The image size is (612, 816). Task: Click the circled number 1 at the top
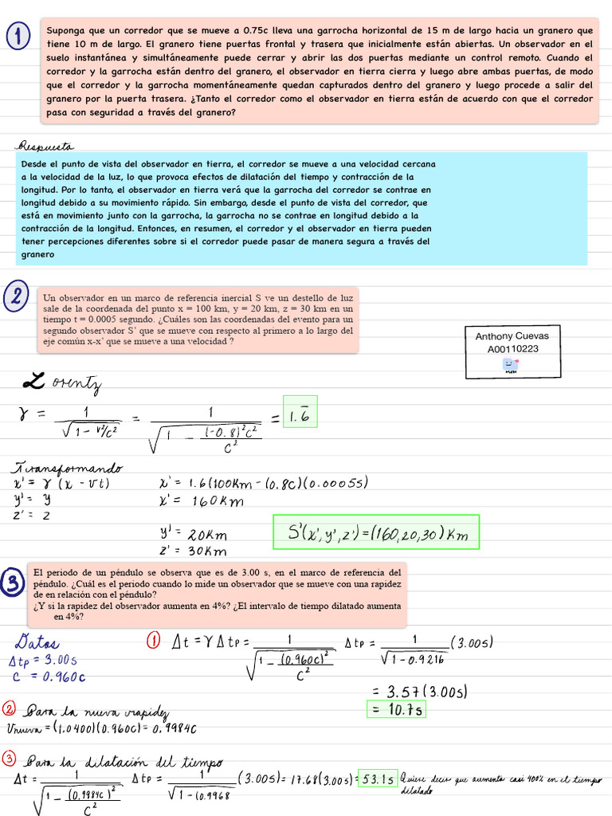(18, 36)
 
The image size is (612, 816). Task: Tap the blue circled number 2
(17, 297)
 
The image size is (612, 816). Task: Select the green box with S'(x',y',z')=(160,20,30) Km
(377, 532)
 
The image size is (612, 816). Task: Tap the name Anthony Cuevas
(512, 335)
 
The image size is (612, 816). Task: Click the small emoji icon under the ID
(510, 366)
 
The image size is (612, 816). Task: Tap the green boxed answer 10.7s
(394, 708)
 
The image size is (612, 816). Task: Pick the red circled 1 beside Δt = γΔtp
(155, 640)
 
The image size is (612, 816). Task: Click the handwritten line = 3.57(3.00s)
(418, 690)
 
